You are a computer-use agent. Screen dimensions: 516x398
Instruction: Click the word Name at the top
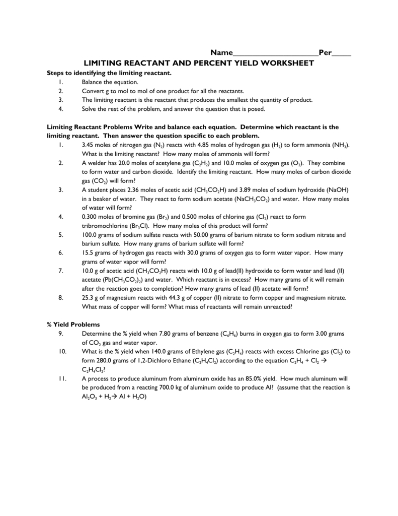click(x=221, y=53)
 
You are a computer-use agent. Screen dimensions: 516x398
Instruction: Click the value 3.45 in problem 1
click(x=88, y=145)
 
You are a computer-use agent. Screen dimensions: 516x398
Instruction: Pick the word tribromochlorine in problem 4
click(x=104, y=226)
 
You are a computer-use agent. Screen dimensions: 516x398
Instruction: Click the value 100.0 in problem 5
click(x=90, y=235)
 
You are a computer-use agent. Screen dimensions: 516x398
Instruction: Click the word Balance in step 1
click(x=92, y=82)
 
